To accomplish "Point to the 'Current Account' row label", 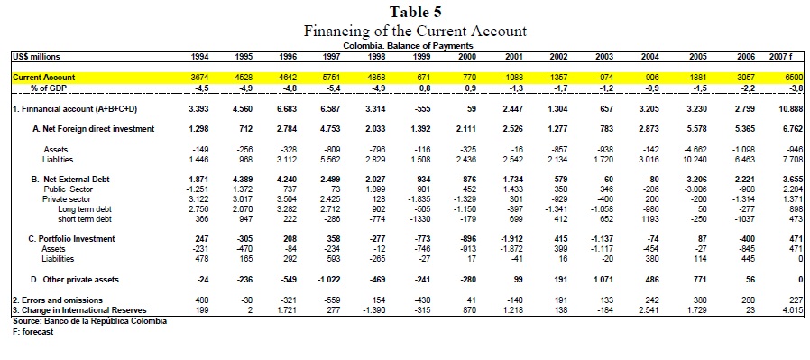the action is click(43, 78).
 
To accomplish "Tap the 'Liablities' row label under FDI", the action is click(59, 160).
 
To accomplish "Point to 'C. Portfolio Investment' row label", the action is click(71, 239).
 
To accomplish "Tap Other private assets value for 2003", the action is click(604, 280).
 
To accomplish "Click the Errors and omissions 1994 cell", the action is click(203, 300).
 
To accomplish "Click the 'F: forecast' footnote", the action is click(33, 332).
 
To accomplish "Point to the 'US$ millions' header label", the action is click(34, 56).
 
